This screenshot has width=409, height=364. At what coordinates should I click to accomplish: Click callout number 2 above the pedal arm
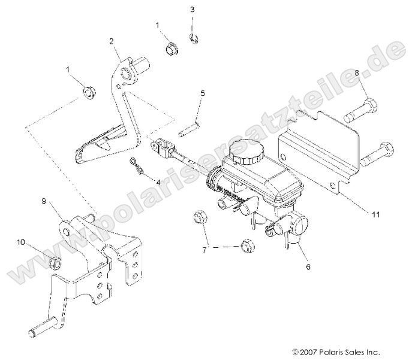pyautogui.click(x=112, y=41)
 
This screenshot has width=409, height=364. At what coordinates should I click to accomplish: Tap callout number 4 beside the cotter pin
pyautogui.click(x=158, y=181)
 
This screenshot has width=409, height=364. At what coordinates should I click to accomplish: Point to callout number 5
pyautogui.click(x=203, y=93)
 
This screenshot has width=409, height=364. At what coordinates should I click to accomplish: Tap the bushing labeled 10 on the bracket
pyautogui.click(x=55, y=262)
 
